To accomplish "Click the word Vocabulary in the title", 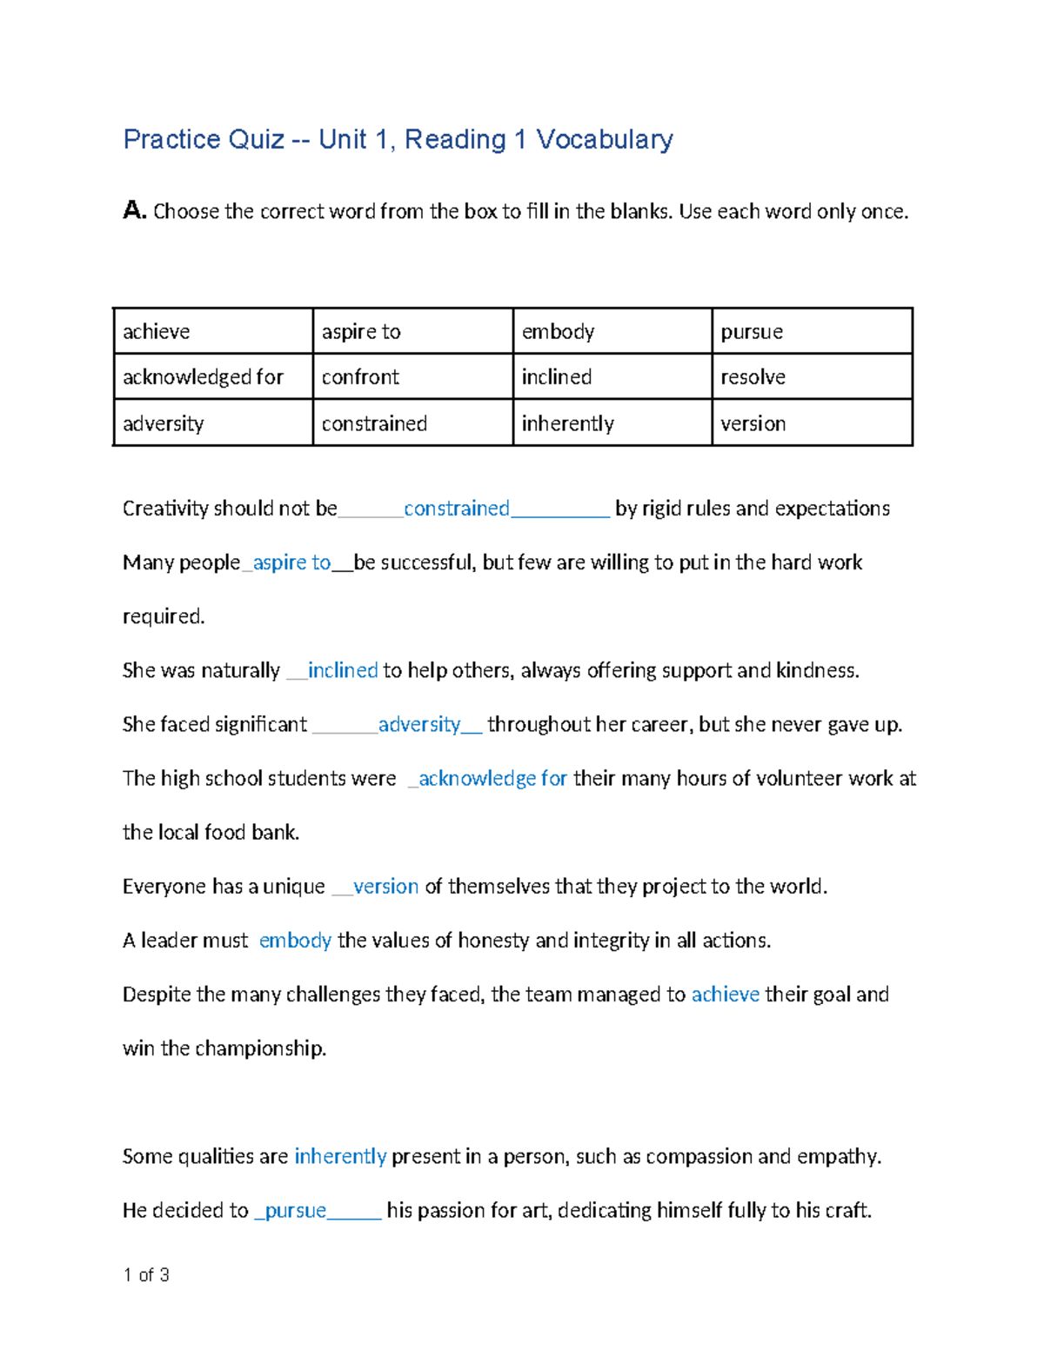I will pyautogui.click(x=604, y=139).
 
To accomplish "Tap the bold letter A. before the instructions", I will pyautogui.click(x=134, y=210).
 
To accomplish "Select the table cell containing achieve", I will pyautogui.click(x=212, y=331).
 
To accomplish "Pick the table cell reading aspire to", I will pyautogui.click(x=412, y=331).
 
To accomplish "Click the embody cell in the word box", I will pyautogui.click(x=612, y=331).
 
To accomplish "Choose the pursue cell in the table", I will pyautogui.click(x=811, y=331).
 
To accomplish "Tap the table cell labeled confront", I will pyautogui.click(x=412, y=376).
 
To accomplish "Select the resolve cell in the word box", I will pyautogui.click(x=811, y=376).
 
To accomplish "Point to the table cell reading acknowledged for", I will pyautogui.click(x=212, y=376).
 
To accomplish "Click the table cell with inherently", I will pyautogui.click(x=612, y=423).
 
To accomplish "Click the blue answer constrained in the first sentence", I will pyautogui.click(x=456, y=509).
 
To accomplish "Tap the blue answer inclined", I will pyautogui.click(x=343, y=670).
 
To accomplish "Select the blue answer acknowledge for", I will pyautogui.click(x=492, y=778).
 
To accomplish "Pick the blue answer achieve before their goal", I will pyautogui.click(x=725, y=994).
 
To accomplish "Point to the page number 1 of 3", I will pyautogui.click(x=146, y=1274).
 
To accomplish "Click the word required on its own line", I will pyautogui.click(x=164, y=616).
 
